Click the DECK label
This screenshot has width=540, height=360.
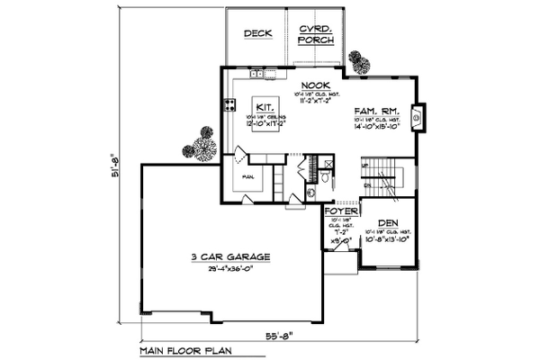click(x=257, y=34)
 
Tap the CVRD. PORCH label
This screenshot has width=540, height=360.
click(x=316, y=35)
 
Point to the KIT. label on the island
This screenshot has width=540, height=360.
click(x=265, y=104)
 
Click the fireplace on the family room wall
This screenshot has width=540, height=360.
click(x=416, y=115)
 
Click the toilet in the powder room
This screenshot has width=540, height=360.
click(x=310, y=192)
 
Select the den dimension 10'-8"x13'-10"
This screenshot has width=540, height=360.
click(x=389, y=240)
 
